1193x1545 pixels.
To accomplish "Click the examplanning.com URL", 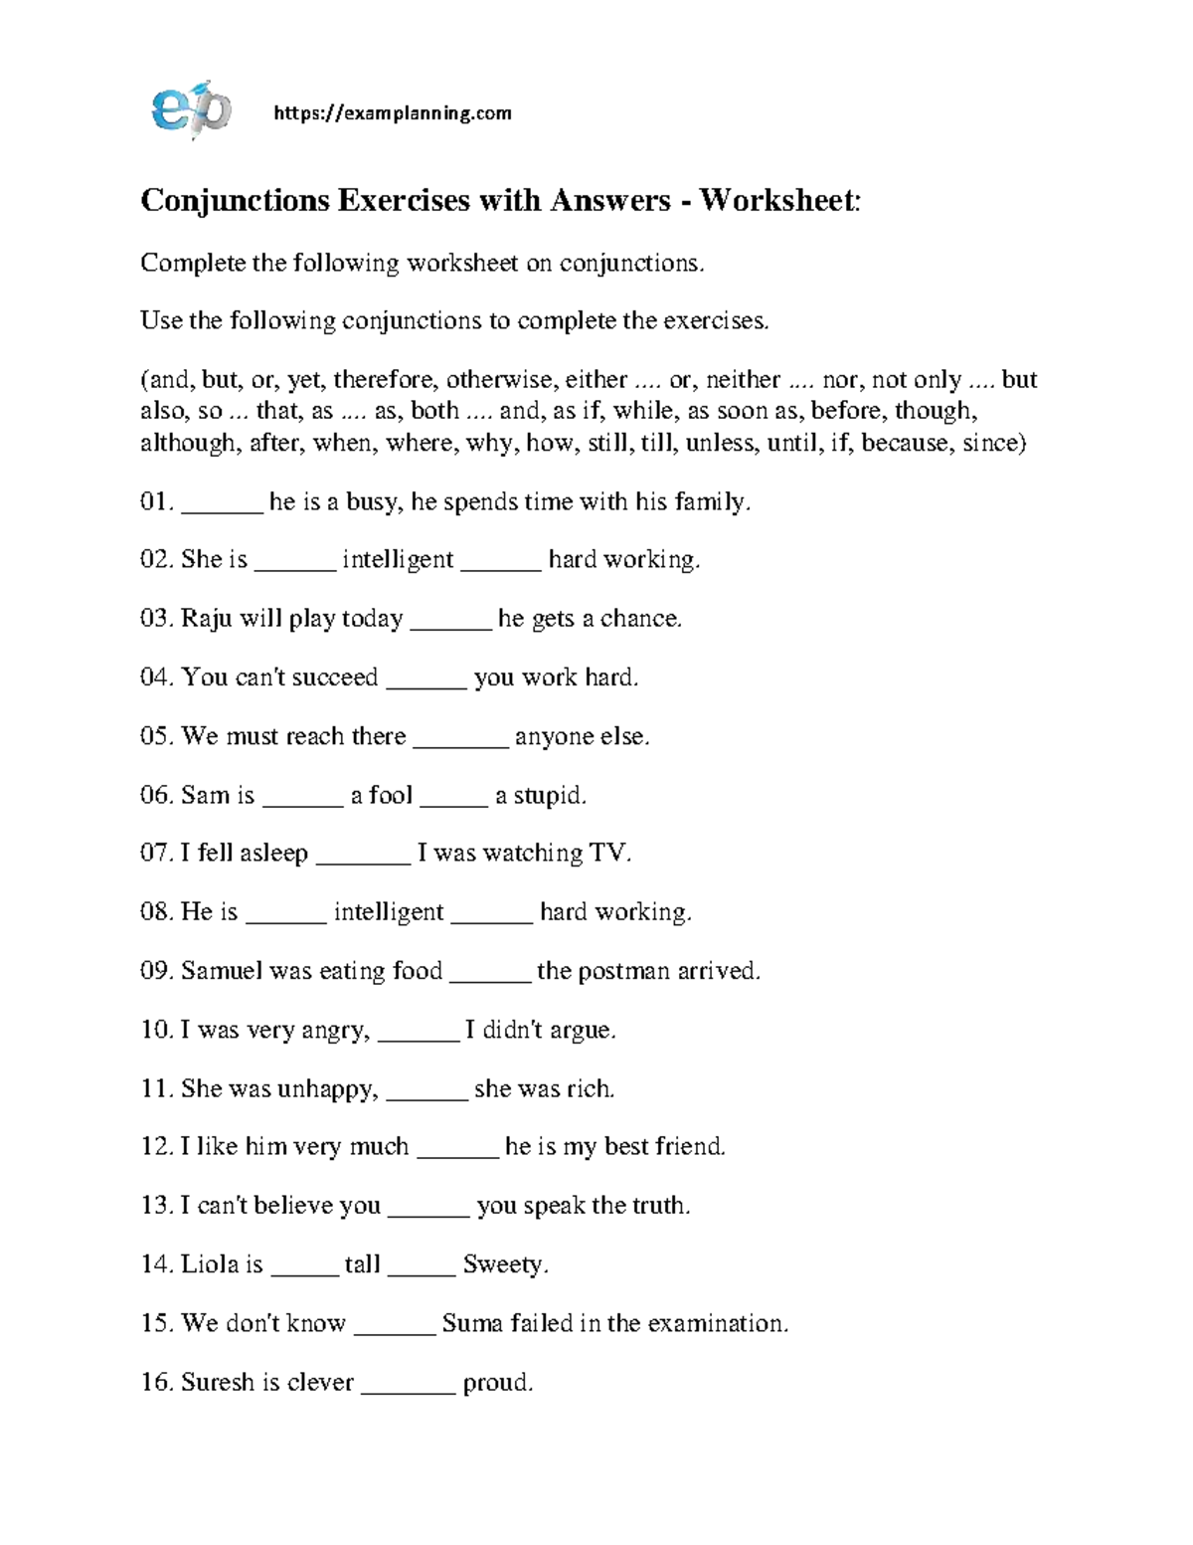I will point(392,113).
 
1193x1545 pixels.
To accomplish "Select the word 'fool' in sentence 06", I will point(390,795).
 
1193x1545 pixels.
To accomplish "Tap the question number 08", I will point(157,912).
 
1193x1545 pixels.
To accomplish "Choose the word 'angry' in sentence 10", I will point(333,1030).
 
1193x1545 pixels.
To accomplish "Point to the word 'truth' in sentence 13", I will point(659,1206).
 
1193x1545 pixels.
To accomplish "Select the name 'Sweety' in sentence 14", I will point(504,1264).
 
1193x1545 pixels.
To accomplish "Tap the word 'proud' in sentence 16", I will point(496,1382).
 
